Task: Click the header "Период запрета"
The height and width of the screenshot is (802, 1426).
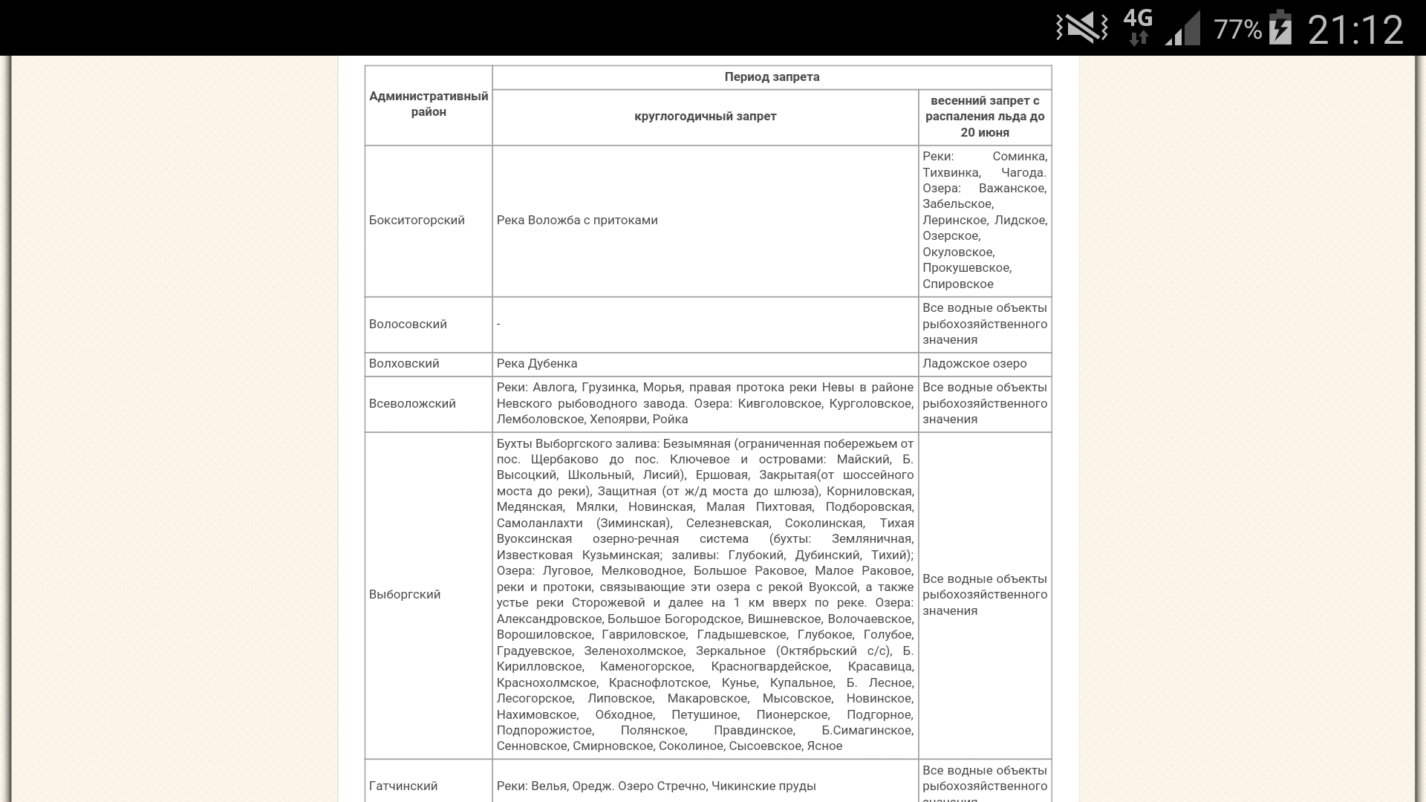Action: [772, 77]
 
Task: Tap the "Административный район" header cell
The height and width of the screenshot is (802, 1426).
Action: [429, 104]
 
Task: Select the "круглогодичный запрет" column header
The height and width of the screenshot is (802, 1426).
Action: [705, 117]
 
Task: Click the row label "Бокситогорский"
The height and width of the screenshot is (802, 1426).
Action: [417, 221]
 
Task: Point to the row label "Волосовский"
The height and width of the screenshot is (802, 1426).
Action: [408, 325]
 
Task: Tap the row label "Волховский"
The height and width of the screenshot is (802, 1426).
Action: [404, 364]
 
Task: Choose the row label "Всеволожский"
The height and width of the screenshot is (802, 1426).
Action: [412, 404]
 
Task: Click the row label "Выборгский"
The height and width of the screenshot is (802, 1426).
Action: [405, 595]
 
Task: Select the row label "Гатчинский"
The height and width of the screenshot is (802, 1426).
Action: [403, 786]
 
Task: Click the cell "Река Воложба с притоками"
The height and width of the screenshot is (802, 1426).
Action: [577, 221]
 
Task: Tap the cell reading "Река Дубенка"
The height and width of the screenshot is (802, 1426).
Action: [537, 364]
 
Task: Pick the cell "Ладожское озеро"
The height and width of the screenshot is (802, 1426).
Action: [974, 364]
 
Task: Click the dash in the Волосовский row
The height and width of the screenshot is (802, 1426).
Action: [498, 325]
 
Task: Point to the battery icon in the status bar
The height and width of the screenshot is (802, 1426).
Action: [1280, 28]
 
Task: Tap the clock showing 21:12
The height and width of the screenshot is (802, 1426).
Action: [1355, 30]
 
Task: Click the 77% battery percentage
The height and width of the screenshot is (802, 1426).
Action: [1237, 30]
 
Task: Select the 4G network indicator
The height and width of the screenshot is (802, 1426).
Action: [1138, 27]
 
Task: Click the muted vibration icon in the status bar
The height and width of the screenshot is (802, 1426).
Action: [1081, 28]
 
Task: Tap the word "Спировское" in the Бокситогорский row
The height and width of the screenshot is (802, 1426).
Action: [958, 284]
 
